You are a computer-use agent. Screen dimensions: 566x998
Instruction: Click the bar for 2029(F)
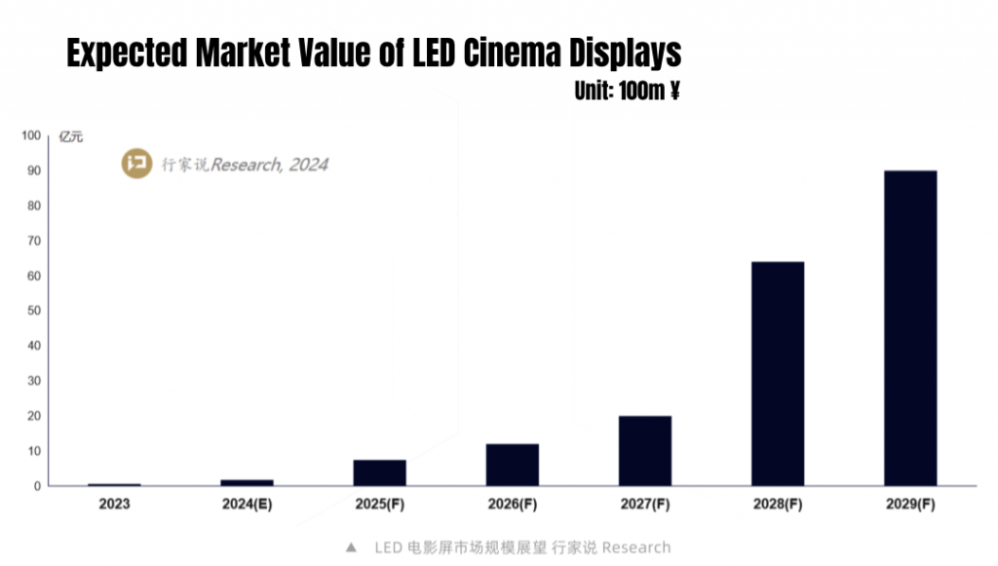click(909, 328)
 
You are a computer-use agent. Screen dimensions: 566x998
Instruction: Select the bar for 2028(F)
click(778, 373)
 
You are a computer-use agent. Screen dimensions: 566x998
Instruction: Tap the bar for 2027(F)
click(645, 450)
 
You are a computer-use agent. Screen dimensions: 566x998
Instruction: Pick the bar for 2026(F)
click(512, 465)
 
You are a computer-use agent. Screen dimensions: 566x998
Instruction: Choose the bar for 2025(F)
click(379, 472)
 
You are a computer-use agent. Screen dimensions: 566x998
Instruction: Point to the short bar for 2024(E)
click(247, 482)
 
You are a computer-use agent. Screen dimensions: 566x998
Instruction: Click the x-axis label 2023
click(114, 505)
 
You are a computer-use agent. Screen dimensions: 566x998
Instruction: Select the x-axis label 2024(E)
click(247, 505)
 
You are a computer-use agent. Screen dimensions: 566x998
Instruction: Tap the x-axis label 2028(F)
click(778, 505)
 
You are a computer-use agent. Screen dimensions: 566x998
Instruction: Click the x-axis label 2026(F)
click(512, 505)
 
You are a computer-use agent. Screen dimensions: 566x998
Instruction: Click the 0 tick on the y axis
click(36, 486)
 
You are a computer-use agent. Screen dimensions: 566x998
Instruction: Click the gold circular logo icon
click(136, 163)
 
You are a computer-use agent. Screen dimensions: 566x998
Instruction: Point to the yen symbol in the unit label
click(673, 93)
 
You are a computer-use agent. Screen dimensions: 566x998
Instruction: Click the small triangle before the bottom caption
click(351, 547)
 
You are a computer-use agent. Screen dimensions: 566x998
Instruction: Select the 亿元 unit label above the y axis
click(71, 136)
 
